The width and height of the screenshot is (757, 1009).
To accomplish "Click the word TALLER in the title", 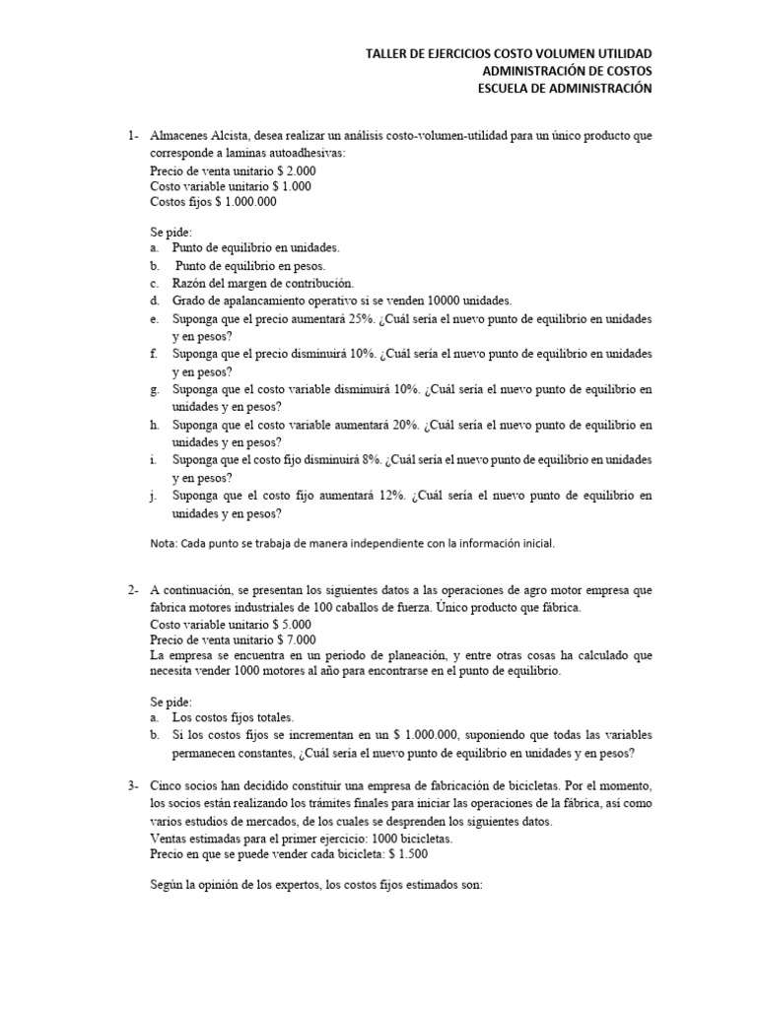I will point(386,53).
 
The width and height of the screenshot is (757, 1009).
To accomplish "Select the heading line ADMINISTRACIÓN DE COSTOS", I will point(567,71).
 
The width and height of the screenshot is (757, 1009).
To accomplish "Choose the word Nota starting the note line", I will point(163,543).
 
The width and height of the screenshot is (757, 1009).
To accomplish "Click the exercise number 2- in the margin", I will point(132,591).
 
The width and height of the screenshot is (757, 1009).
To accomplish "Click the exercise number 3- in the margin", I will point(132,785).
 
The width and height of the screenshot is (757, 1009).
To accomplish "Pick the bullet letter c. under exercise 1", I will point(156,284).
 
